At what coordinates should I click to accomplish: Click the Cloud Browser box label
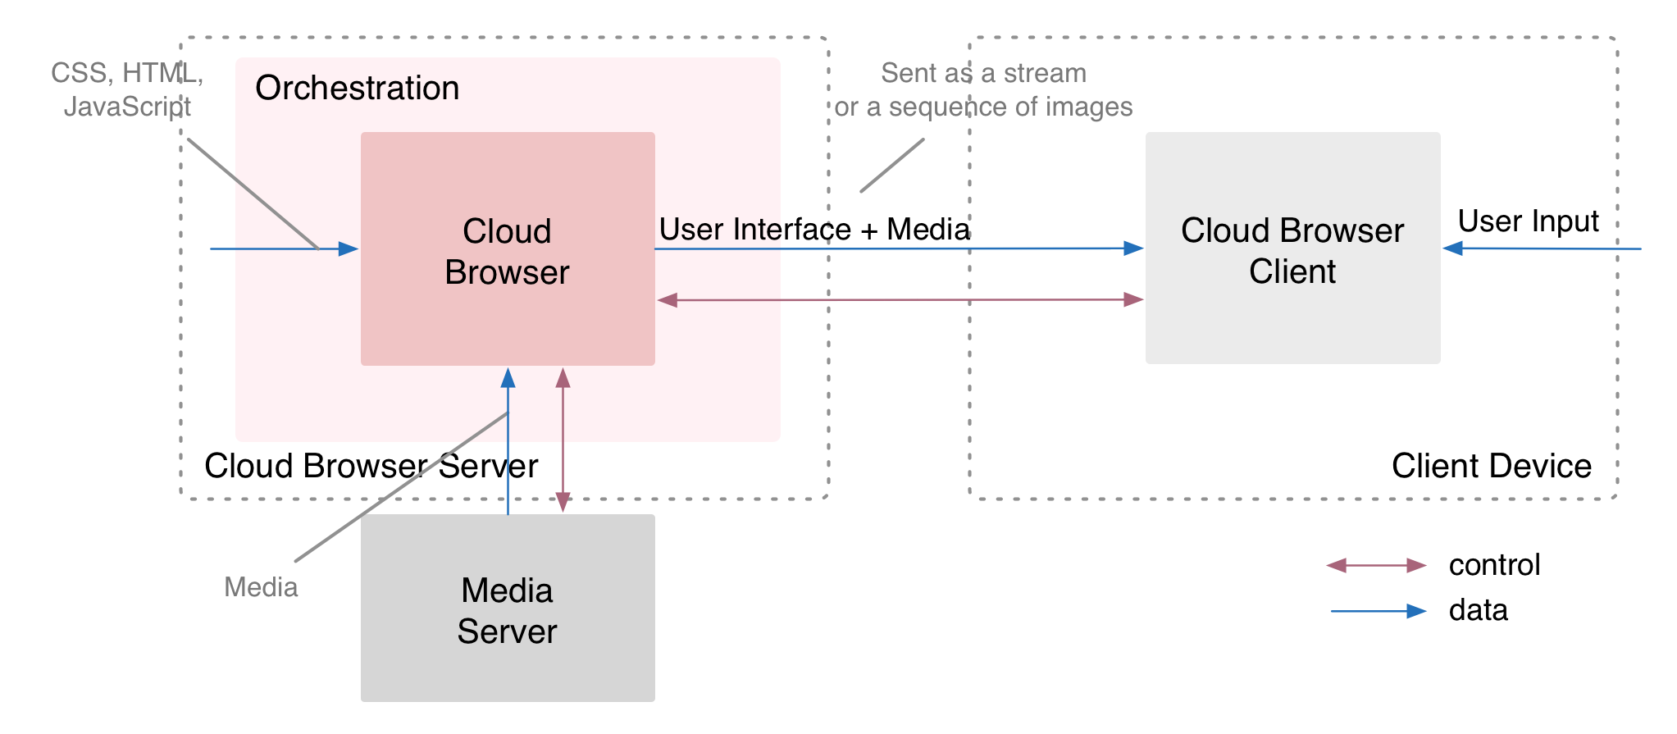[x=507, y=252]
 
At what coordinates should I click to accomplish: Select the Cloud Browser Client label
[x=1292, y=251]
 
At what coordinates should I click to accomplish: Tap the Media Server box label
[x=507, y=611]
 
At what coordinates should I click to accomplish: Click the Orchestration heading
[x=357, y=88]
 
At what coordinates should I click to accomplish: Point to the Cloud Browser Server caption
[x=371, y=466]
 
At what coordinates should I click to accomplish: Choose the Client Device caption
[x=1491, y=466]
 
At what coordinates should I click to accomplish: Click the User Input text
[x=1528, y=221]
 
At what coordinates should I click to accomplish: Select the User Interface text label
[x=745, y=230]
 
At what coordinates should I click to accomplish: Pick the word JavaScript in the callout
[x=127, y=107]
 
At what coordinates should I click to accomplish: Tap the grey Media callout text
[x=261, y=587]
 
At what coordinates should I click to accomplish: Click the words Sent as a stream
[x=983, y=73]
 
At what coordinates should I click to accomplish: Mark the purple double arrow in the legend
[x=1377, y=565]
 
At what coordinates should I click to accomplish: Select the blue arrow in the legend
[x=1379, y=611]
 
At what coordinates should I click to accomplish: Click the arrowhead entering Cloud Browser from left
[x=349, y=248]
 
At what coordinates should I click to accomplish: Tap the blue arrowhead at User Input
[x=1452, y=248]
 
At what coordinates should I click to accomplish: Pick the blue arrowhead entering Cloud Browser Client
[x=1134, y=248]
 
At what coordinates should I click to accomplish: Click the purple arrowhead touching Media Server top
[x=563, y=503]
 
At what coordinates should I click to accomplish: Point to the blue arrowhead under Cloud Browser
[x=508, y=377]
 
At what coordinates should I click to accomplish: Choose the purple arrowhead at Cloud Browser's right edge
[x=668, y=300]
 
